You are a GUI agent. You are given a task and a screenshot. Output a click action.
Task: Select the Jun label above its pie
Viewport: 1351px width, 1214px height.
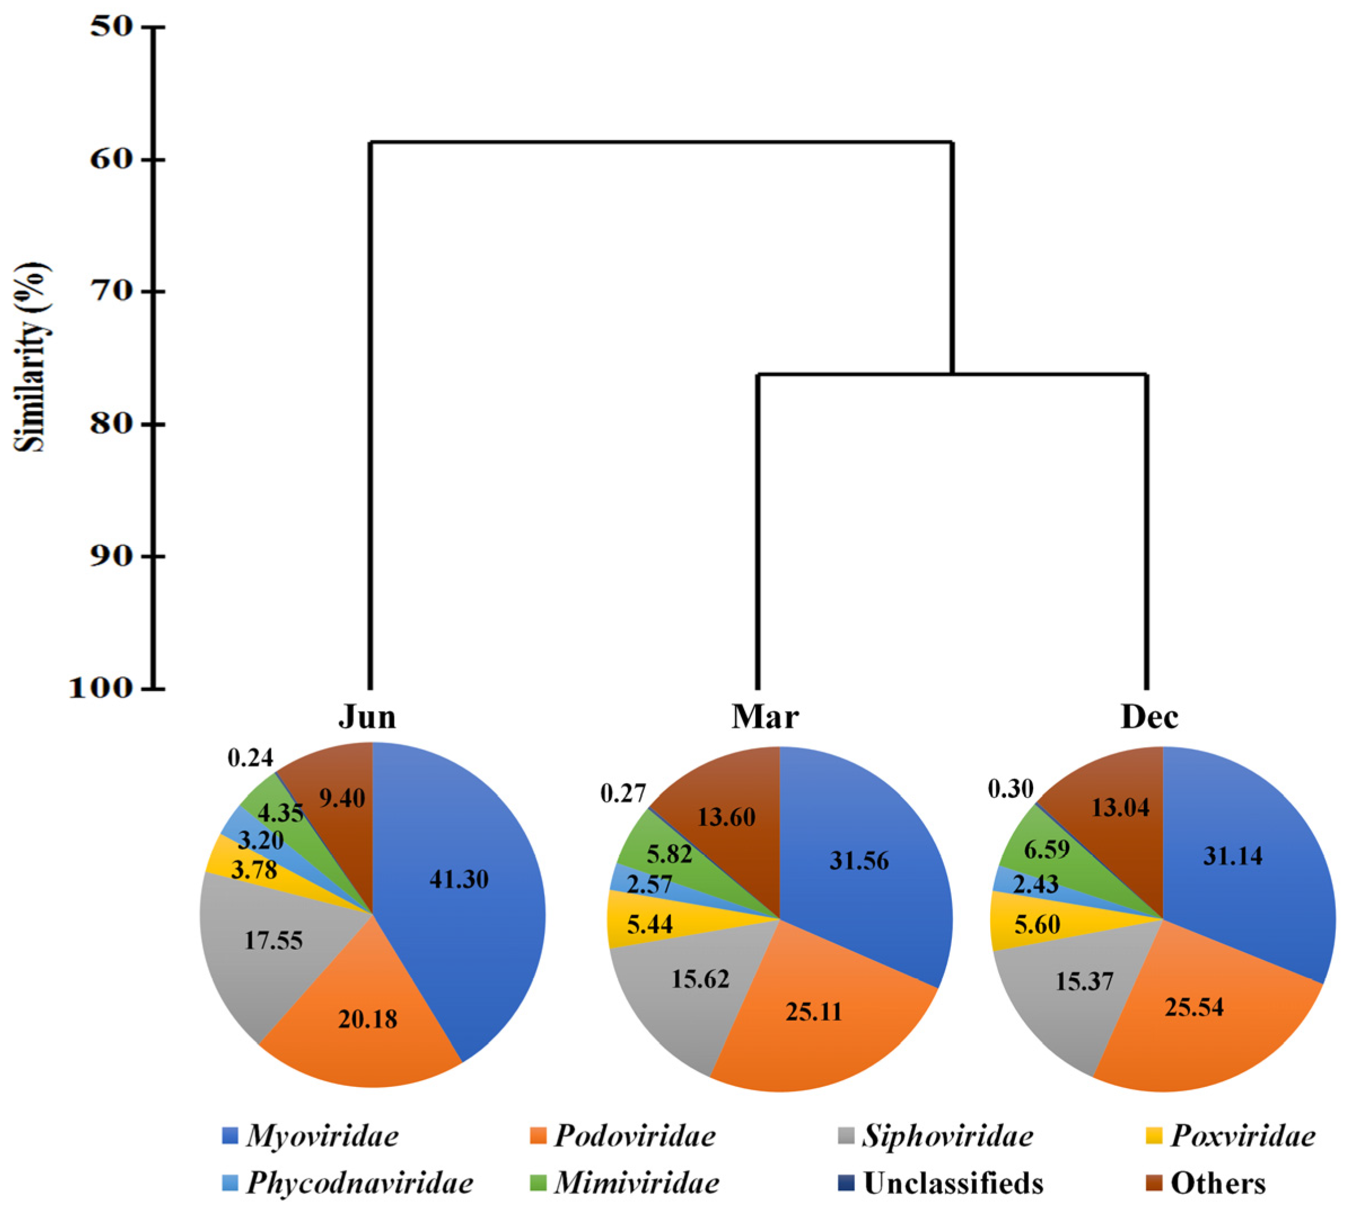pos(368,717)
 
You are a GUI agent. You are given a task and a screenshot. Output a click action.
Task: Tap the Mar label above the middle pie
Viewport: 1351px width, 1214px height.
pos(765,717)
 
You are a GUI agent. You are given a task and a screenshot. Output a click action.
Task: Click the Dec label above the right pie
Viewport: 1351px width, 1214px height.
pos(1149,717)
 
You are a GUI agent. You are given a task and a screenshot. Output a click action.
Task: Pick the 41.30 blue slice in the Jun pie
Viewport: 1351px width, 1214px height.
pos(459,879)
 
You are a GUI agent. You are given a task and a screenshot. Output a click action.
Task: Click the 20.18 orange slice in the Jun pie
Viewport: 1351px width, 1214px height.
pos(368,1019)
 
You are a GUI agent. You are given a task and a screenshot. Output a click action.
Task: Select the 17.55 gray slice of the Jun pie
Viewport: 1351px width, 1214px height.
pos(273,941)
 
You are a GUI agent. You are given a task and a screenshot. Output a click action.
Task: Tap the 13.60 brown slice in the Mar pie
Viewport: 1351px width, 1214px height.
pos(726,816)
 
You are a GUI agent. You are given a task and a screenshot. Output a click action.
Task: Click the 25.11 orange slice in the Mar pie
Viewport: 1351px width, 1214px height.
pos(814,1012)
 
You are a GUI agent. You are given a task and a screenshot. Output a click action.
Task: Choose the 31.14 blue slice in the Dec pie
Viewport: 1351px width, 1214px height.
pos(1232,856)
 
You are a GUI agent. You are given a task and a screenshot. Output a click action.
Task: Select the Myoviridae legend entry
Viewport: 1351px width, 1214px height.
pos(311,1136)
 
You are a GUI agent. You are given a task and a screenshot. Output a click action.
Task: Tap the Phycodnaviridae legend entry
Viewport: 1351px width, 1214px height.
pos(347,1182)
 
